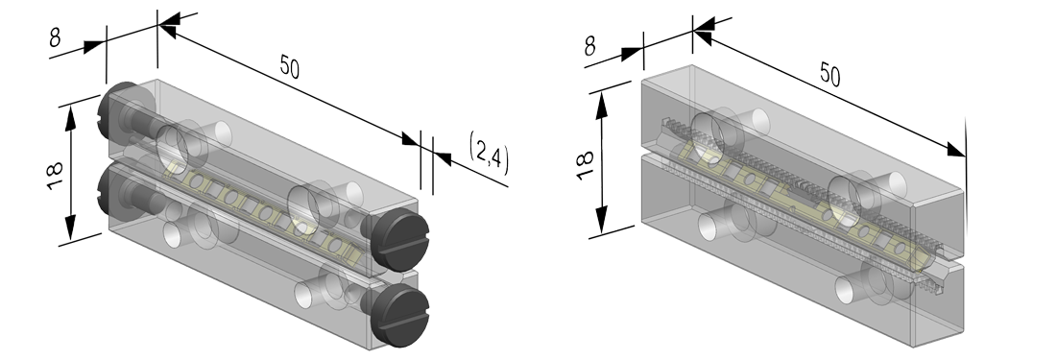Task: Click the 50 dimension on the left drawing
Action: [x=289, y=67]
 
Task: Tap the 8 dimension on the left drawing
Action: [x=56, y=37]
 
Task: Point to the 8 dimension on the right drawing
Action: [x=589, y=46]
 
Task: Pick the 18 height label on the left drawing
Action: [x=56, y=176]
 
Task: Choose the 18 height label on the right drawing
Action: [x=585, y=164]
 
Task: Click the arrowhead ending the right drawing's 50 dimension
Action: [x=956, y=150]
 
